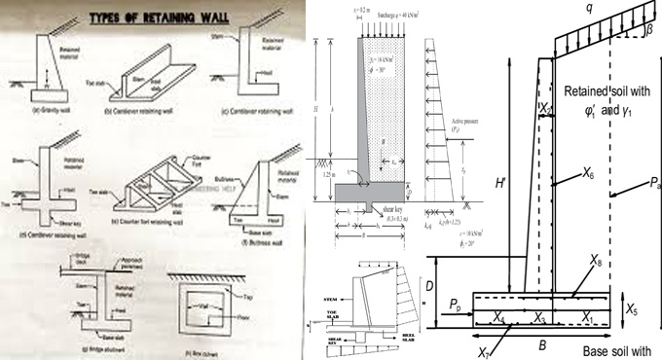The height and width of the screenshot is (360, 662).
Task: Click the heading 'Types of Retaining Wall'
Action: pyautogui.click(x=158, y=17)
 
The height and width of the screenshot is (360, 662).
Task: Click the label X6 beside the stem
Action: pyautogui.click(x=587, y=174)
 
